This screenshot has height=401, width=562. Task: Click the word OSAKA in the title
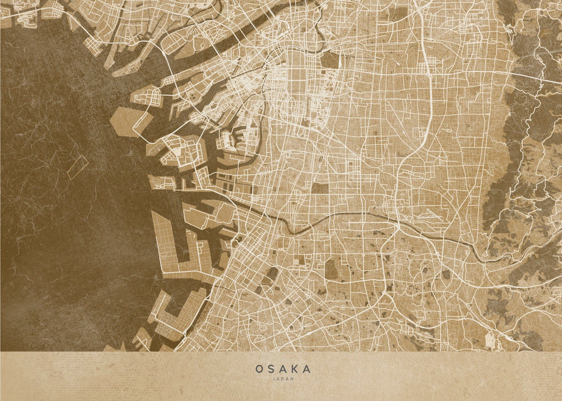point(283,369)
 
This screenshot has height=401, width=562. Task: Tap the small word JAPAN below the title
point(283,379)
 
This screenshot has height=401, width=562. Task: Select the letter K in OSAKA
point(295,369)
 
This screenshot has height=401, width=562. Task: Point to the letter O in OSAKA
point(259,369)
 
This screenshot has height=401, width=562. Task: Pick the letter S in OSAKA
point(271,369)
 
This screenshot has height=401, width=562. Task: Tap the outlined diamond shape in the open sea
point(78,166)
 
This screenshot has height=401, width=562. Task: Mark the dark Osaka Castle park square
point(329,60)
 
